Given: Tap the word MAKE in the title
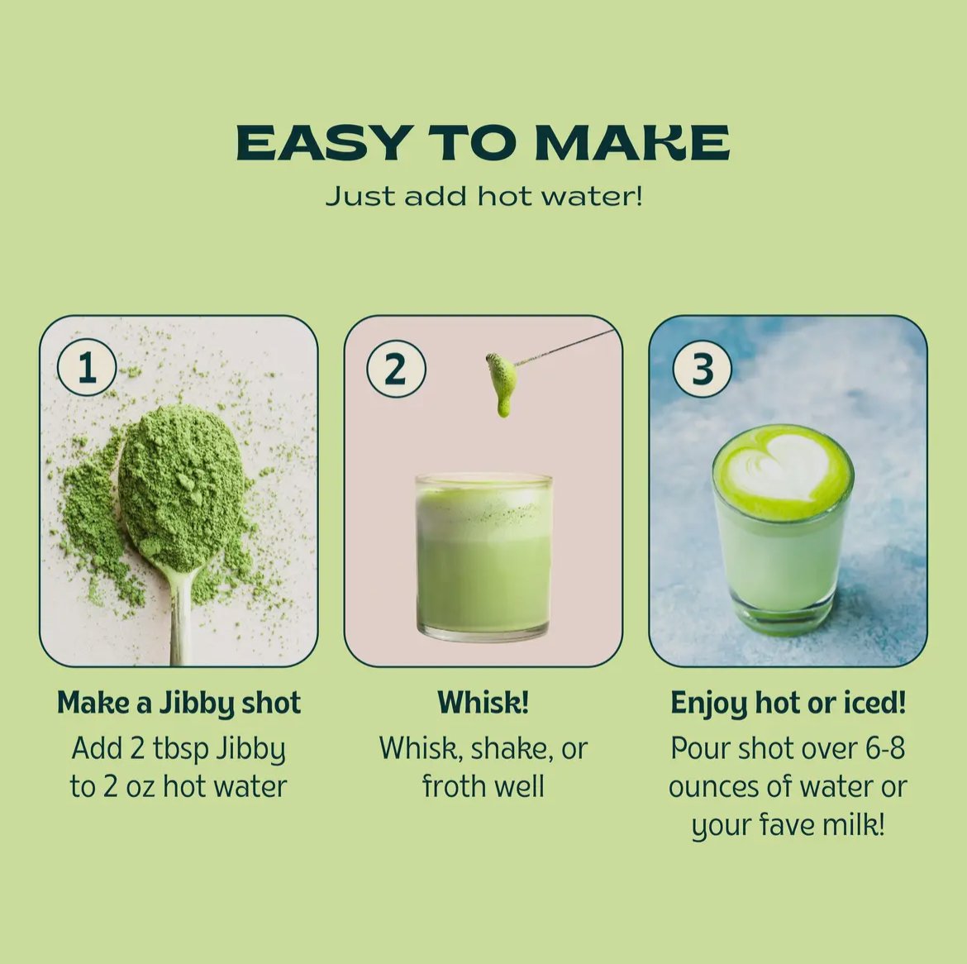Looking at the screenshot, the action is (632, 142).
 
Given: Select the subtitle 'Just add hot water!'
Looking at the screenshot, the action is (483, 196).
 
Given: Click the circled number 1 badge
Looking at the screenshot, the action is (87, 368).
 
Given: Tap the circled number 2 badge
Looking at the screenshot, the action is (396, 368).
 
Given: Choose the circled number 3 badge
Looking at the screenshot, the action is (702, 368).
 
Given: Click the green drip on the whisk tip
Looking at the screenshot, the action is (502, 383).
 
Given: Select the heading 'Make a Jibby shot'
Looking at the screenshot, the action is (179, 703).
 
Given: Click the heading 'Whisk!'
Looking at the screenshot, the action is (483, 702).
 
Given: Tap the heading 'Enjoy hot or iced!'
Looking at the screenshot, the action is (788, 703).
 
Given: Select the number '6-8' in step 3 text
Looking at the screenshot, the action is (885, 748).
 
